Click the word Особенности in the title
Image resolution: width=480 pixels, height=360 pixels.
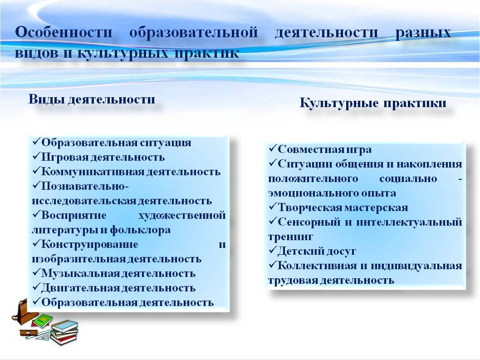[64, 32]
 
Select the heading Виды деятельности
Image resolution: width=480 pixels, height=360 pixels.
[92, 99]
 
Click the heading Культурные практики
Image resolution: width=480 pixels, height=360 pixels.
[372, 103]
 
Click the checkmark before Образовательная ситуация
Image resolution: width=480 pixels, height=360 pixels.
[36, 141]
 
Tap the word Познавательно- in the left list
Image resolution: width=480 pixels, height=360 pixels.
[85, 186]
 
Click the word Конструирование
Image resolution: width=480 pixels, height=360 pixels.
[89, 245]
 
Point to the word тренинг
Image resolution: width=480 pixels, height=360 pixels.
[290, 237]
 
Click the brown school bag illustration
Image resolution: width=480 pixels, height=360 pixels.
[24, 312]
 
